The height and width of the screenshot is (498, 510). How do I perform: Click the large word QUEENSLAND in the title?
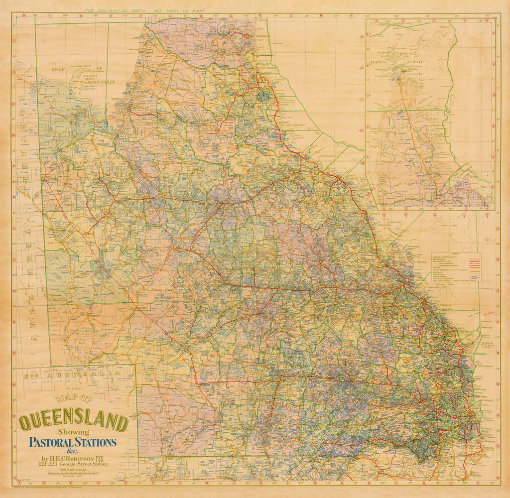[x=73, y=422]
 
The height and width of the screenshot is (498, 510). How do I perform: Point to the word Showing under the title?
[x=73, y=432]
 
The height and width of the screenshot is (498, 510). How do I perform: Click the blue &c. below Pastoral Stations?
[x=73, y=451]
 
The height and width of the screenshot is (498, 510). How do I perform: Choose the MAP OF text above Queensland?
[x=74, y=398]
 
